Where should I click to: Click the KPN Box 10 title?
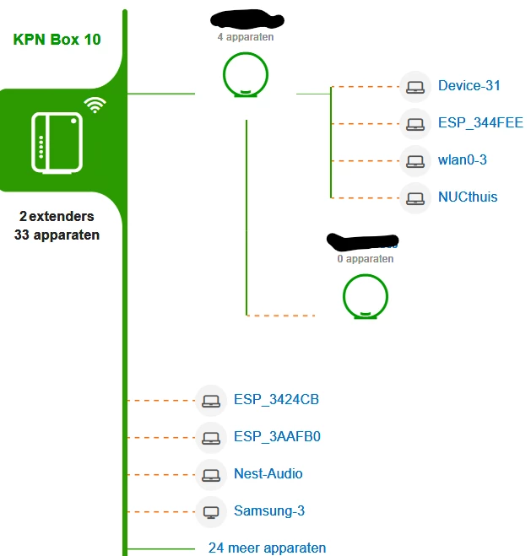pyautogui.click(x=57, y=40)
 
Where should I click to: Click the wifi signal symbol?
pyautogui.click(x=95, y=105)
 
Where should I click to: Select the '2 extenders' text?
pyautogui.click(x=57, y=217)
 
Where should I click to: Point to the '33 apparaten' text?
pyautogui.click(x=57, y=235)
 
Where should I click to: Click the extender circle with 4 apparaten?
pyautogui.click(x=245, y=73)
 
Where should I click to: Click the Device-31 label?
pyautogui.click(x=469, y=85)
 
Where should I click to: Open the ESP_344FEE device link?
pyautogui.click(x=480, y=122)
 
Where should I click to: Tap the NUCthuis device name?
pyautogui.click(x=468, y=197)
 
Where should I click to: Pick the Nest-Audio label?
pyautogui.click(x=268, y=473)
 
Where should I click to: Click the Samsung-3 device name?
pyautogui.click(x=268, y=510)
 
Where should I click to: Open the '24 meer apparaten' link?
pyautogui.click(x=267, y=548)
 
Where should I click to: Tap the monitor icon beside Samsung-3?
pyautogui.click(x=211, y=511)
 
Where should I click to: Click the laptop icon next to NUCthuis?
pyautogui.click(x=415, y=197)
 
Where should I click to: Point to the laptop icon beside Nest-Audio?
pyautogui.click(x=211, y=474)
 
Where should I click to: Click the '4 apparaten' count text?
pyautogui.click(x=245, y=37)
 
